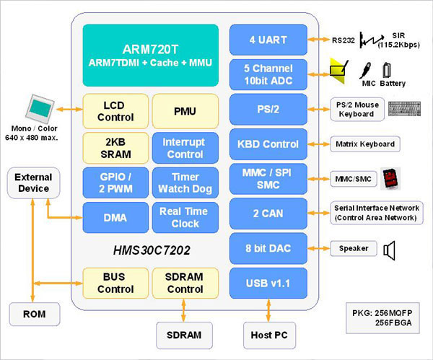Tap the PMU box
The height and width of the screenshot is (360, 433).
click(x=185, y=110)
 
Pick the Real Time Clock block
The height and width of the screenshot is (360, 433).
click(x=185, y=217)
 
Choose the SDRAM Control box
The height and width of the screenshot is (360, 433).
click(x=185, y=284)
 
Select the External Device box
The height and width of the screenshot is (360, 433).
click(x=33, y=183)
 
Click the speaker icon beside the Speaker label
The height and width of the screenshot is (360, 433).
click(x=390, y=250)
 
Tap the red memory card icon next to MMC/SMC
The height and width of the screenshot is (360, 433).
click(x=390, y=177)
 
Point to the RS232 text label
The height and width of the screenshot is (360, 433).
click(x=346, y=40)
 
